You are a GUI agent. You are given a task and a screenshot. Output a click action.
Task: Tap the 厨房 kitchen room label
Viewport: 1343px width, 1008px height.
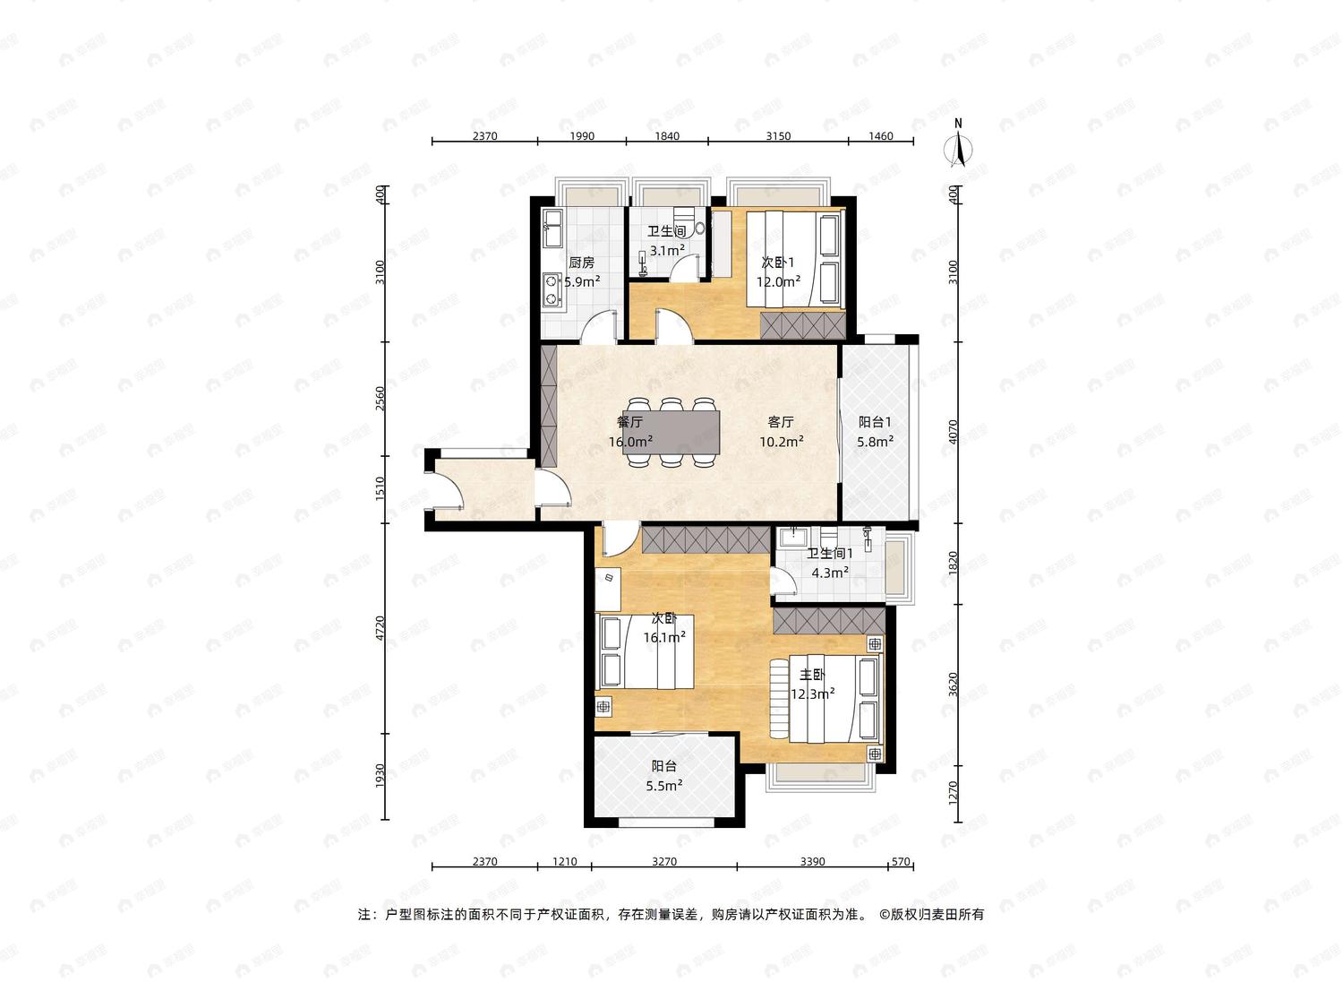tap(581, 263)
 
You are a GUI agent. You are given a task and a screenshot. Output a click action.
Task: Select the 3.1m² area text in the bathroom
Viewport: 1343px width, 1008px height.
tap(667, 250)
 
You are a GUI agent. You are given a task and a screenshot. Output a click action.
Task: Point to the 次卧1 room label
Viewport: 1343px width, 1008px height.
tap(778, 263)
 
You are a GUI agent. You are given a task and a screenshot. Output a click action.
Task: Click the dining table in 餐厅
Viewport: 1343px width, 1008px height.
tap(672, 432)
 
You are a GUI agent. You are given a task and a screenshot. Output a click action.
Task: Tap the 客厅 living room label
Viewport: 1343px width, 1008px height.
tap(781, 422)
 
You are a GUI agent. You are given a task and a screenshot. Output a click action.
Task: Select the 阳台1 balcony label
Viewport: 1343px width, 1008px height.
tap(875, 422)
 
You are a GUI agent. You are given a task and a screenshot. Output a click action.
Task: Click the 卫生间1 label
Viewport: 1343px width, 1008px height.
tap(830, 553)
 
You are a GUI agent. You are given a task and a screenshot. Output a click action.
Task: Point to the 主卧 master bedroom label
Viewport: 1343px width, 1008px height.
tap(813, 675)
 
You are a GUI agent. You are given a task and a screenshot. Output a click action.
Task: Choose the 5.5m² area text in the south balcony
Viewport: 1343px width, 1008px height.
tap(663, 785)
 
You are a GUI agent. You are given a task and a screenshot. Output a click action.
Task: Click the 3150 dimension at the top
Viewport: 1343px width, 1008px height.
tap(778, 136)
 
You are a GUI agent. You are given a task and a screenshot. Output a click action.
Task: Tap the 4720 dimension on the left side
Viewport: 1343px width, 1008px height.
tap(380, 628)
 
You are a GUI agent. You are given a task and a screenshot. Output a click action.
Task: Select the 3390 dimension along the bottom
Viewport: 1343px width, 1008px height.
tap(813, 862)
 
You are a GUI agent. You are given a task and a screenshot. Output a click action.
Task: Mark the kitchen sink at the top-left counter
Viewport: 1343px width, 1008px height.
tap(124, 228)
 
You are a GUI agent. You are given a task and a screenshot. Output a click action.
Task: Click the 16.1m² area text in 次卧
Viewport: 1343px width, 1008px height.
tap(663, 637)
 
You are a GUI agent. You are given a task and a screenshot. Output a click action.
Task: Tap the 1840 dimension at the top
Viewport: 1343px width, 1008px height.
tap(667, 136)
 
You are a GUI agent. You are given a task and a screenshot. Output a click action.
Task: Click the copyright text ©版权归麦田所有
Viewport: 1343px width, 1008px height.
tap(932, 914)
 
